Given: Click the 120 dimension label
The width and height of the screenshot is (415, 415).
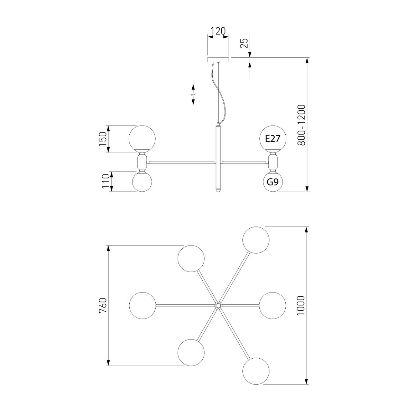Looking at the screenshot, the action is pyautogui.click(x=218, y=31).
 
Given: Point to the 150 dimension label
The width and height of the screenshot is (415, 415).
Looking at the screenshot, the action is pyautogui.click(x=103, y=139).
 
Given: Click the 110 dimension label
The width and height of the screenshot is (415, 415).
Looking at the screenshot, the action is pyautogui.click(x=106, y=181).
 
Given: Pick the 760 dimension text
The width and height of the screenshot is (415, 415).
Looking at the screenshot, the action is pyautogui.click(x=103, y=305).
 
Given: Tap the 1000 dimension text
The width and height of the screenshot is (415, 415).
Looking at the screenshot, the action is pyautogui.click(x=301, y=306).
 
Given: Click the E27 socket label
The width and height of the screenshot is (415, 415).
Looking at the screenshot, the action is pyautogui.click(x=273, y=139).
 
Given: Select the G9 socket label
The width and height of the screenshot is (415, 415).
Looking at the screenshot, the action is pyautogui.click(x=273, y=182).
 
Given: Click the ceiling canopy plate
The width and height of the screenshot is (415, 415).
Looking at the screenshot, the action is pyautogui.click(x=218, y=60).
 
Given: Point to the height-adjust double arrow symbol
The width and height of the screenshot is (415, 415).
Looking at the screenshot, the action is pyautogui.click(x=193, y=94).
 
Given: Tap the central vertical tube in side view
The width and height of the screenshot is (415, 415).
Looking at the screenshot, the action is pyautogui.click(x=218, y=158).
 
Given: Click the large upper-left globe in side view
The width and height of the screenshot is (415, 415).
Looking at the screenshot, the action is pyautogui.click(x=142, y=139).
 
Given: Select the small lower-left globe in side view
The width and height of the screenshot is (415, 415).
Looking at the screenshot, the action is pyautogui.click(x=142, y=182).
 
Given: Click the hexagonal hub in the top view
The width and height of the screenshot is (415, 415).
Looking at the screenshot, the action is pyautogui.click(x=218, y=305).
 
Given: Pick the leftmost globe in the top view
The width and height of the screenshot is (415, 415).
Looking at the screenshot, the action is pyautogui.click(x=142, y=305).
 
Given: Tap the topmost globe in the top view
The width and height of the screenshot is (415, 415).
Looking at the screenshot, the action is pyautogui.click(x=256, y=240).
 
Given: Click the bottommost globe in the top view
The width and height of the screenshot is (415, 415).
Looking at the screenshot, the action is pyautogui.click(x=256, y=371).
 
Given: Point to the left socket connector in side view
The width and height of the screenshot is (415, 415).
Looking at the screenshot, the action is pyautogui.click(x=142, y=162).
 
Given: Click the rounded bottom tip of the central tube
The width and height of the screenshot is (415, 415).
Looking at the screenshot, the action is pyautogui.click(x=218, y=190).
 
